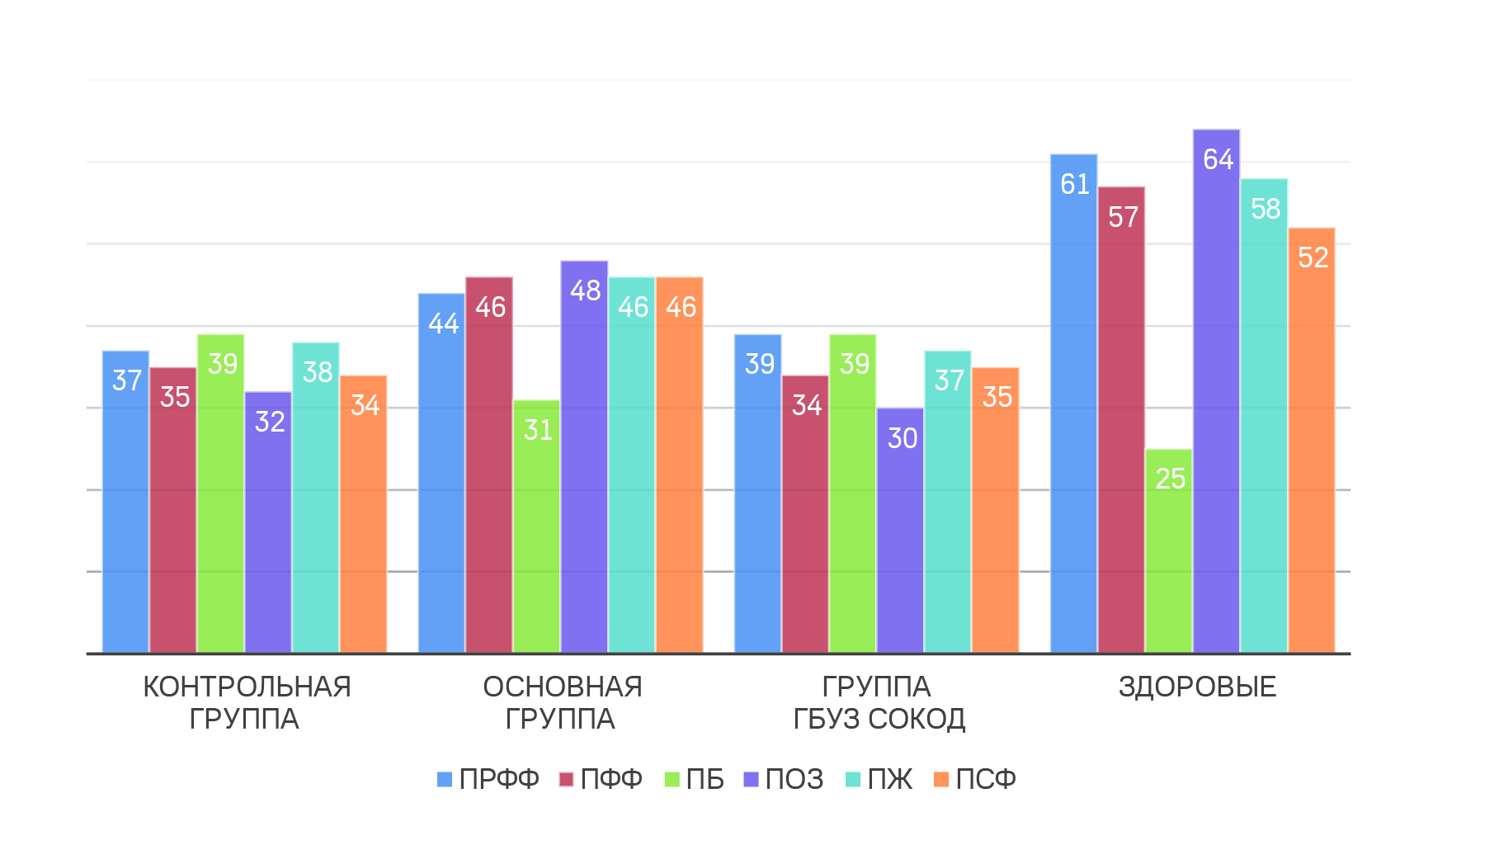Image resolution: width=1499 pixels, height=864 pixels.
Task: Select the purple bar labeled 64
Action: (1216, 396)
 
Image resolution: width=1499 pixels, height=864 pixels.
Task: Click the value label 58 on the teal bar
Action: (1265, 209)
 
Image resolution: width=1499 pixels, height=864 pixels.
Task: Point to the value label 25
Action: (1170, 479)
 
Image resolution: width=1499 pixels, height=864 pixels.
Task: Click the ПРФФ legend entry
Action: (488, 779)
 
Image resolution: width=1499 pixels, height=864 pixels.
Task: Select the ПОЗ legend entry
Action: (784, 779)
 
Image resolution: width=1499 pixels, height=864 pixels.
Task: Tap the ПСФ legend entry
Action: (975, 779)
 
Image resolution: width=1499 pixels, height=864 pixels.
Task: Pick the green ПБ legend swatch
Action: (672, 779)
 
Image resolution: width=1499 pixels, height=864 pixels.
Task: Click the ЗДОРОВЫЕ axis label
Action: (1197, 687)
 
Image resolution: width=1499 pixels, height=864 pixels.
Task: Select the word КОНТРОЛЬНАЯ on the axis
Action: (247, 687)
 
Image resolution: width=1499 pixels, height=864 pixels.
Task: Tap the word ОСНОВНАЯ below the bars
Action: (562, 687)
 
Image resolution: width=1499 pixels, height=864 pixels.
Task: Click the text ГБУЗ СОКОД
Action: (879, 720)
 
